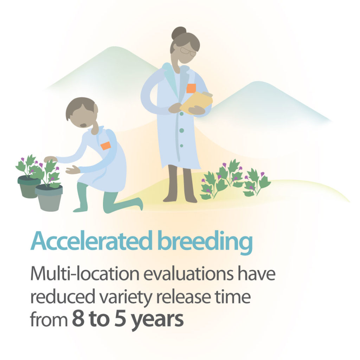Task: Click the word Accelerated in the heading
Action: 91,241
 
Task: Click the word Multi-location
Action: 85,274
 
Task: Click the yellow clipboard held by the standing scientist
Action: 197,103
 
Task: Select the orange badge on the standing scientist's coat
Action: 191,88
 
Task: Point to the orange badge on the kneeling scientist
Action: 105,146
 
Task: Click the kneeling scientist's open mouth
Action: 83,125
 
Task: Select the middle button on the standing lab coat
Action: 182,130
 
